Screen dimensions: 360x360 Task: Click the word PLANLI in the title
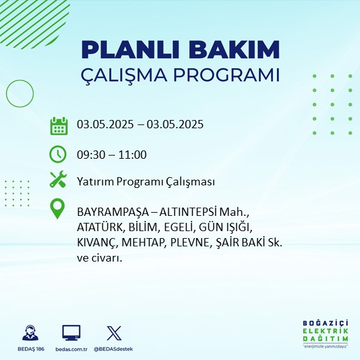(x=130, y=50)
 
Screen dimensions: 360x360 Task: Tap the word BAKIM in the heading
(x=234, y=50)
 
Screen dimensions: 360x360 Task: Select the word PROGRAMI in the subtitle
(x=227, y=75)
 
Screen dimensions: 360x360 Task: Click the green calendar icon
(x=59, y=126)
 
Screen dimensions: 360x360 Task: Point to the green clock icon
(x=58, y=154)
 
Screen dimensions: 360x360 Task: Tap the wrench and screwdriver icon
(x=58, y=179)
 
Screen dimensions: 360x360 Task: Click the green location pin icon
(x=57, y=208)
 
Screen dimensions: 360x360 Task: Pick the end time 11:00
(x=132, y=155)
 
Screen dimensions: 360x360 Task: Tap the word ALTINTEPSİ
(x=188, y=212)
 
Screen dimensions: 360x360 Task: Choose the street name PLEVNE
(x=190, y=243)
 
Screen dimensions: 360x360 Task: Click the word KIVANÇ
(x=97, y=243)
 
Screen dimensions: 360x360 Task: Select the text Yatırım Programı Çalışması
(x=146, y=182)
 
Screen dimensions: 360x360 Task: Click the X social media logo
(x=114, y=333)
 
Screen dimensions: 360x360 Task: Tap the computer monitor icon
(x=71, y=333)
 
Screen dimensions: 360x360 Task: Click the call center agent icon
(x=30, y=333)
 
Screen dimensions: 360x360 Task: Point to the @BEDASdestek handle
(x=113, y=349)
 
